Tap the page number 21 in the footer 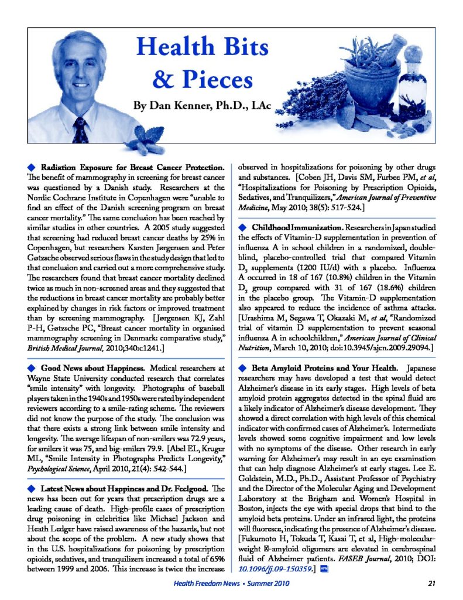(x=432, y=584)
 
